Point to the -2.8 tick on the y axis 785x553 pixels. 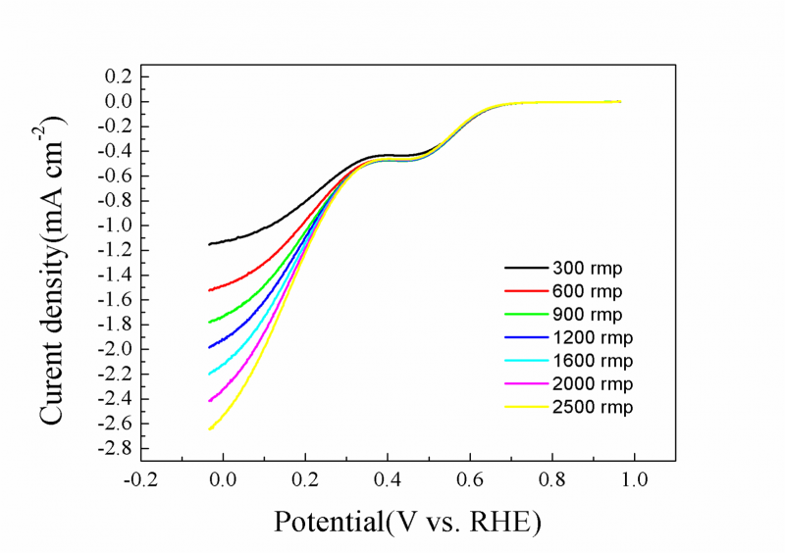(116, 448)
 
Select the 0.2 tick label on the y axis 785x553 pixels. (119, 76)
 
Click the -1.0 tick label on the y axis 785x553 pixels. (116, 226)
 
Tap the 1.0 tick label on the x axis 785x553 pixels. (635, 482)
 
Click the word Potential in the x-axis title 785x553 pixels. (329, 522)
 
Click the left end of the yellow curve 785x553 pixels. (209, 428)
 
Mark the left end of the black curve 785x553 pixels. (209, 244)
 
